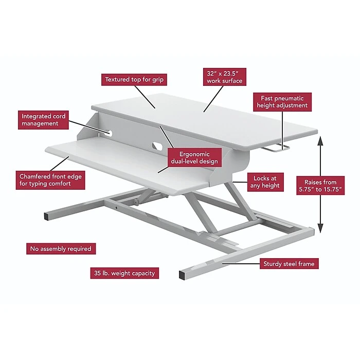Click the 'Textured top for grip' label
pos(134,80)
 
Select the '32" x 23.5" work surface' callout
pos(225,77)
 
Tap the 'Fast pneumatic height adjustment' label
pos(282,102)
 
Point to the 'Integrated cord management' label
pos(43,120)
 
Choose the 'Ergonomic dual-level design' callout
pos(194,157)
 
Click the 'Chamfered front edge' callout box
pos(50,180)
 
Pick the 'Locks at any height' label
pos(265,182)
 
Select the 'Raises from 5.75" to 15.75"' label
pos(320,186)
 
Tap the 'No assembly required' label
pos(61,248)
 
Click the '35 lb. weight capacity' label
pos(124,273)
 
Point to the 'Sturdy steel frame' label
pos(289,263)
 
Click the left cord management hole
pos(109,133)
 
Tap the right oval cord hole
pos(157,146)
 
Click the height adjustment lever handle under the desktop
pos(276,149)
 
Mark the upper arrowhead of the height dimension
pos(320,140)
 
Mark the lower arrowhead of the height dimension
pos(320,228)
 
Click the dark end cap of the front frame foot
pos(182,275)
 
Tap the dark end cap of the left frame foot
pos(46,217)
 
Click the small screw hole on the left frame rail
pos(117,208)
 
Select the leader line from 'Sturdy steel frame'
pos(241,264)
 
